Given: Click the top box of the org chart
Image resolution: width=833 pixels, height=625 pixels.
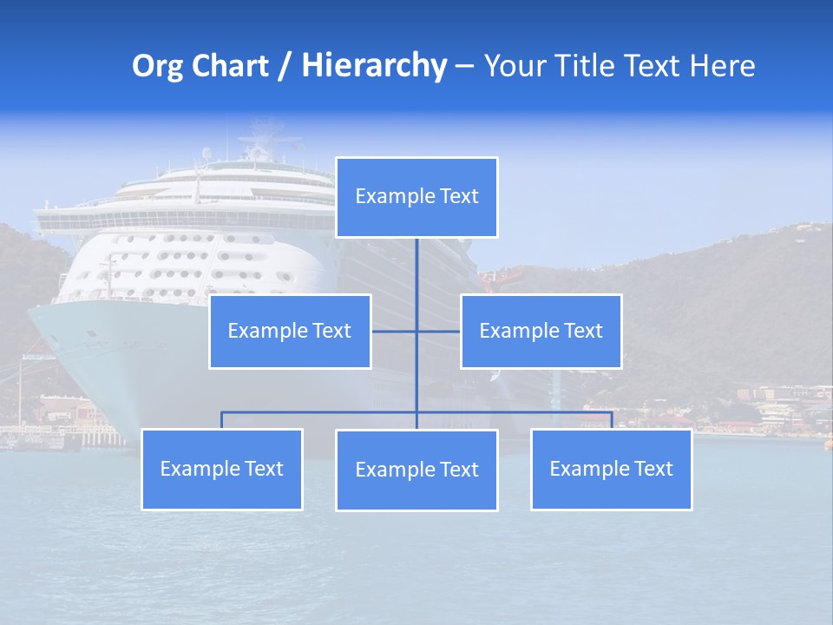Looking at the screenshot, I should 416,197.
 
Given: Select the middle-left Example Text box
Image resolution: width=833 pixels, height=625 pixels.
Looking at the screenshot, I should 290,331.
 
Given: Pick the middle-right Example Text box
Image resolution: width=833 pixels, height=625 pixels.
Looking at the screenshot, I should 541,331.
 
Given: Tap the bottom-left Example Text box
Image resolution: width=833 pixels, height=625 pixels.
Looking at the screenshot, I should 222,469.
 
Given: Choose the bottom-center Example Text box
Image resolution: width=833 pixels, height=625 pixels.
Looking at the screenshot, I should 416,470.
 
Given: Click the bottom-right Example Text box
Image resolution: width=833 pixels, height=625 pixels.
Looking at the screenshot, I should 611,469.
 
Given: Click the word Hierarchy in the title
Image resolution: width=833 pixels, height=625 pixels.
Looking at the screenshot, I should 374,66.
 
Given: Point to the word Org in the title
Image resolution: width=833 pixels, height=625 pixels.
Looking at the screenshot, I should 155,66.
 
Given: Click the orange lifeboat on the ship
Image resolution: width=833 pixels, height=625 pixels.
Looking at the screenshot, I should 503,277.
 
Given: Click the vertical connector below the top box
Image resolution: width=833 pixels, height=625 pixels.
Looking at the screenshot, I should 416,278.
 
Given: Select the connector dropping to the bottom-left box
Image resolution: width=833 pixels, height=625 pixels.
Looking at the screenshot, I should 222,420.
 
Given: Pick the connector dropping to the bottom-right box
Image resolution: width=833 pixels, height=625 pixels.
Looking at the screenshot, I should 611,420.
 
